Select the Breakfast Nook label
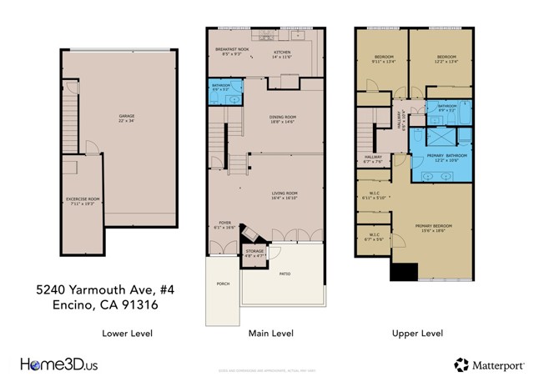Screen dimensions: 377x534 (232, 50)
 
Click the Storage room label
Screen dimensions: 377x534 (254, 252)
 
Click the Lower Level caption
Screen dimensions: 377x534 (127, 333)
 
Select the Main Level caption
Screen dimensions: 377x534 (270, 333)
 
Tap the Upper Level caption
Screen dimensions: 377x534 (416, 333)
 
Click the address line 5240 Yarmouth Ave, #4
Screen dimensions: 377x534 (97, 289)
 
